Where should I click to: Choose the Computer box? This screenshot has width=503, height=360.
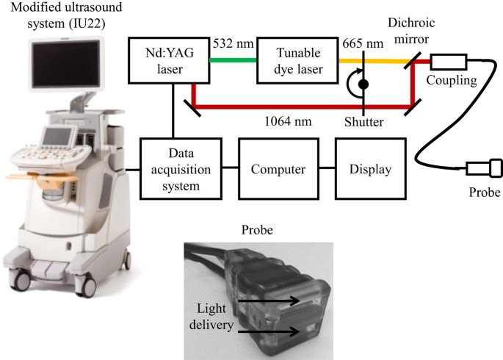(278, 169)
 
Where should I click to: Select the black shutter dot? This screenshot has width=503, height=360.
(362, 85)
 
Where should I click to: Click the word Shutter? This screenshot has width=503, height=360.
(363, 122)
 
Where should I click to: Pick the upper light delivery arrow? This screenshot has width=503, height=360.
(276, 300)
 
